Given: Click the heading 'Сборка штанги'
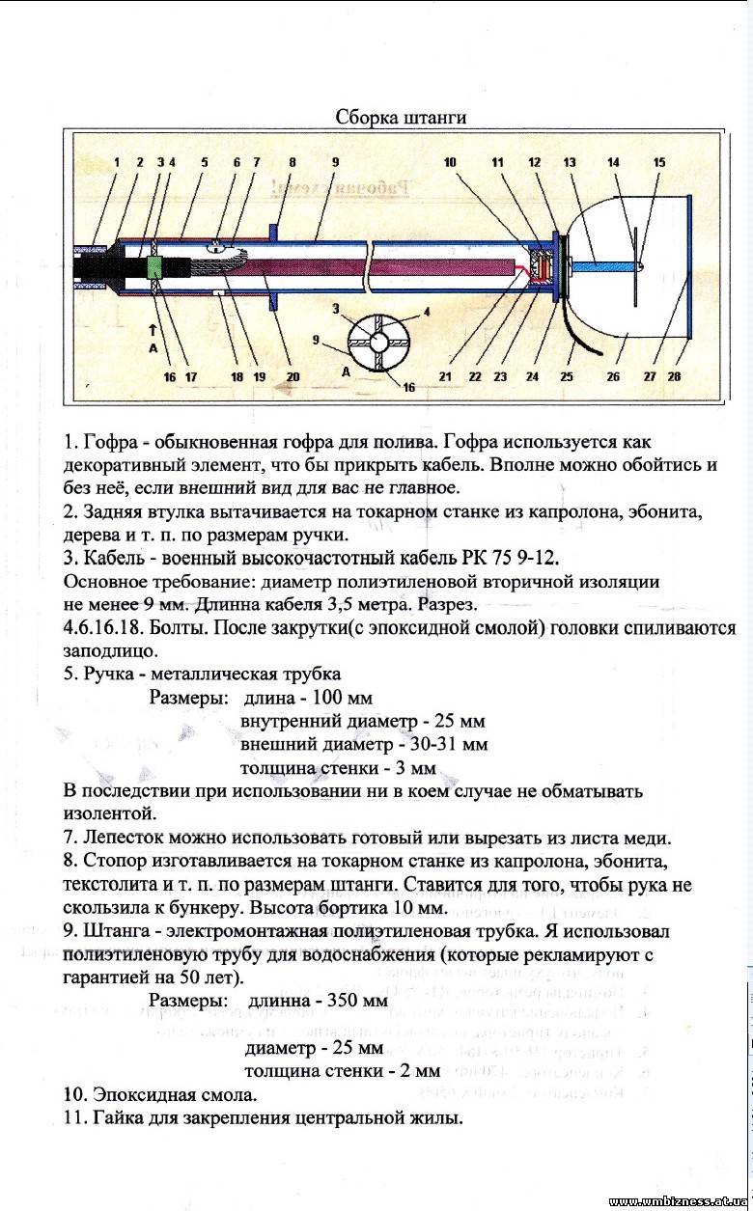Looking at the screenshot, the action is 401,117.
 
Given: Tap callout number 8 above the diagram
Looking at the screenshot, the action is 293,162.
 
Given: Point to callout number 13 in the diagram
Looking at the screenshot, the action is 570,162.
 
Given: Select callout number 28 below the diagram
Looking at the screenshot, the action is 674,376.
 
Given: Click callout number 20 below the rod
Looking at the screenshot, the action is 293,376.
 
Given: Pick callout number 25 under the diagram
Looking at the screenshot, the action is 567,376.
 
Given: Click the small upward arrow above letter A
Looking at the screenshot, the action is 153,330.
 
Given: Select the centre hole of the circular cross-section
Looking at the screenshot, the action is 378,342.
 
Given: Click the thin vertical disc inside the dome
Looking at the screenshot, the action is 635,266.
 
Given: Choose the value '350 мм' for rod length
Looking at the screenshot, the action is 356,1000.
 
